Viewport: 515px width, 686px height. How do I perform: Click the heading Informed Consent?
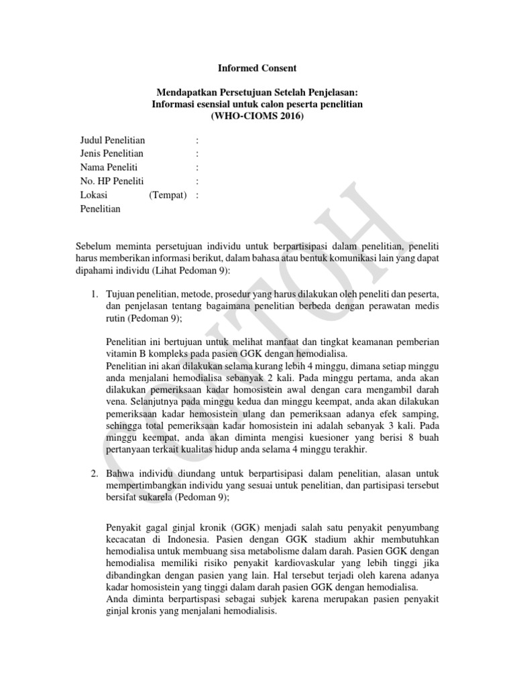pos(257,68)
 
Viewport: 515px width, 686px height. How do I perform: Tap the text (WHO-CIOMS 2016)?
pos(257,116)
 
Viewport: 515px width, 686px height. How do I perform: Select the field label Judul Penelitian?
pos(113,140)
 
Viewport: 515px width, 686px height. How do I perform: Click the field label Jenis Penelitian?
pos(112,154)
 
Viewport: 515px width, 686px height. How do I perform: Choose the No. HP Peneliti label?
pos(111,182)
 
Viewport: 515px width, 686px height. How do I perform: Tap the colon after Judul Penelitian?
pos(196,140)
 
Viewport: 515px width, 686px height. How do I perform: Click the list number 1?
pos(95,295)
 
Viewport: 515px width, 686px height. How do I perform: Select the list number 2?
pos(95,473)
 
